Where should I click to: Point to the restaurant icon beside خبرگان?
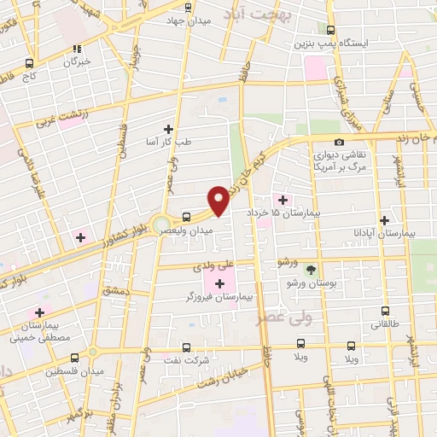[77, 49]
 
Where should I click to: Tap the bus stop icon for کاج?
[30, 63]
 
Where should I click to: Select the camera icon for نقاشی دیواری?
[340, 142]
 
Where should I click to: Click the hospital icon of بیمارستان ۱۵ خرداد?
[283, 200]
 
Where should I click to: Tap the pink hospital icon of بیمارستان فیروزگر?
[222, 283]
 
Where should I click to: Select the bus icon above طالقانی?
[385, 312]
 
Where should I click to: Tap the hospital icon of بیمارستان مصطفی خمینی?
[39, 312]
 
